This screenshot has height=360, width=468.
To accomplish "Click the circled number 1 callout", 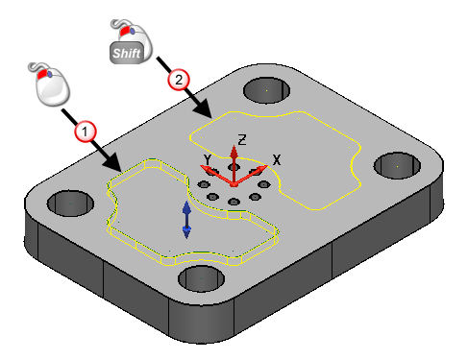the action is click(x=85, y=132).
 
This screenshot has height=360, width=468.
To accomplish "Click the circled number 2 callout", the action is click(x=179, y=80).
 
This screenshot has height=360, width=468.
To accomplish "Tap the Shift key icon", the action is click(x=127, y=53).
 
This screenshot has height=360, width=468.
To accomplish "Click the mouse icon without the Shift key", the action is click(x=50, y=84).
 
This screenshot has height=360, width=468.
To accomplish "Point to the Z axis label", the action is click(x=242, y=140).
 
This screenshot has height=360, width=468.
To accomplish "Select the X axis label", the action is click(x=277, y=159).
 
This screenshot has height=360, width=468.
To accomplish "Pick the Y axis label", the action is click(x=208, y=159).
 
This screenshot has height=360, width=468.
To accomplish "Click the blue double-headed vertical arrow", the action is click(x=186, y=220).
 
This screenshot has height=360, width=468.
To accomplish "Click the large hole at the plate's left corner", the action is click(x=70, y=204).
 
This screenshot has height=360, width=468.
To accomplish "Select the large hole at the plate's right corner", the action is click(x=397, y=166).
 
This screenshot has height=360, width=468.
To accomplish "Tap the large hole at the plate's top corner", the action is click(x=266, y=90).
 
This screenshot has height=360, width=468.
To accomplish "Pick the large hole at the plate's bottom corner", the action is click(x=201, y=278).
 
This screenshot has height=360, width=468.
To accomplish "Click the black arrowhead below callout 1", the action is click(x=112, y=162).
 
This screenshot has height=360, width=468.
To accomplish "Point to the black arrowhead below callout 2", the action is click(x=203, y=109).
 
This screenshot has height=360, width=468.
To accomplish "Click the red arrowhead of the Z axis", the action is click(x=234, y=152).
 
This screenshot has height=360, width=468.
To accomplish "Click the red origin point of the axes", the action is click(x=234, y=185).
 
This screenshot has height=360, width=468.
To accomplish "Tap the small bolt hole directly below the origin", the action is click(x=234, y=202).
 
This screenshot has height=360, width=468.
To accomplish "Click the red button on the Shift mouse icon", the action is click(x=124, y=31).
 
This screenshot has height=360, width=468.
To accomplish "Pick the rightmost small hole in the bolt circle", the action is click(x=264, y=184).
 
